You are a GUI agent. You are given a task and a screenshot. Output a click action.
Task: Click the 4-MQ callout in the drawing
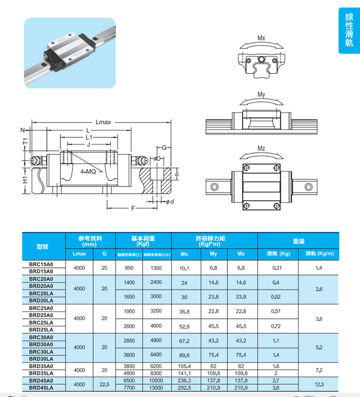[88, 171]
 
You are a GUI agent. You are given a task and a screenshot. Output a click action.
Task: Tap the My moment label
[261, 94]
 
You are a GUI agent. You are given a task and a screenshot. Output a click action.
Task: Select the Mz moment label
[261, 148]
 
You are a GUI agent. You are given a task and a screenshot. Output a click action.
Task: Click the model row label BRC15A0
[41, 264]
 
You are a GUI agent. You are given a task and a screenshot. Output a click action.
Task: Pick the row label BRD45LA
[41, 387]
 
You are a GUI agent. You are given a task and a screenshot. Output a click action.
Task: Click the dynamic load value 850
[129, 268]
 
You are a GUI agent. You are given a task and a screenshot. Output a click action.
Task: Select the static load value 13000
[156, 387]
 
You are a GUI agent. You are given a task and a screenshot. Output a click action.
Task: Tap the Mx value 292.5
[184, 387]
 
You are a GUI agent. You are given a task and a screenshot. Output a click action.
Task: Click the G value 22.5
[104, 384]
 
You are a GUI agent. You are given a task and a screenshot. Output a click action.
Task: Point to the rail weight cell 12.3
[319, 384]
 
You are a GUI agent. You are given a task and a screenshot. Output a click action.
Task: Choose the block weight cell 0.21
[277, 268]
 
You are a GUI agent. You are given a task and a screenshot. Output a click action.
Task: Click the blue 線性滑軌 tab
[349, 30]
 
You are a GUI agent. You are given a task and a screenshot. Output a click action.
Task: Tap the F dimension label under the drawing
[133, 209]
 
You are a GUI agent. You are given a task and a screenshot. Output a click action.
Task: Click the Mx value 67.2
[184, 340]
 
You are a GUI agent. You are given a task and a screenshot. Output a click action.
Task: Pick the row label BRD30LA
[41, 358]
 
